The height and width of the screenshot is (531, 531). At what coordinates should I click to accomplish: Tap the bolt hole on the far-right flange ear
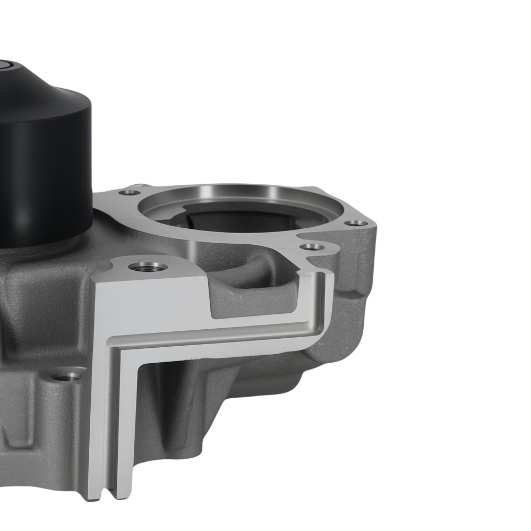click(x=356, y=223)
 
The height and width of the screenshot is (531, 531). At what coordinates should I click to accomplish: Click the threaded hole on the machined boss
click(x=148, y=266)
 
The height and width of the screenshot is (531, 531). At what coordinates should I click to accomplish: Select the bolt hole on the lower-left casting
click(x=67, y=376)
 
